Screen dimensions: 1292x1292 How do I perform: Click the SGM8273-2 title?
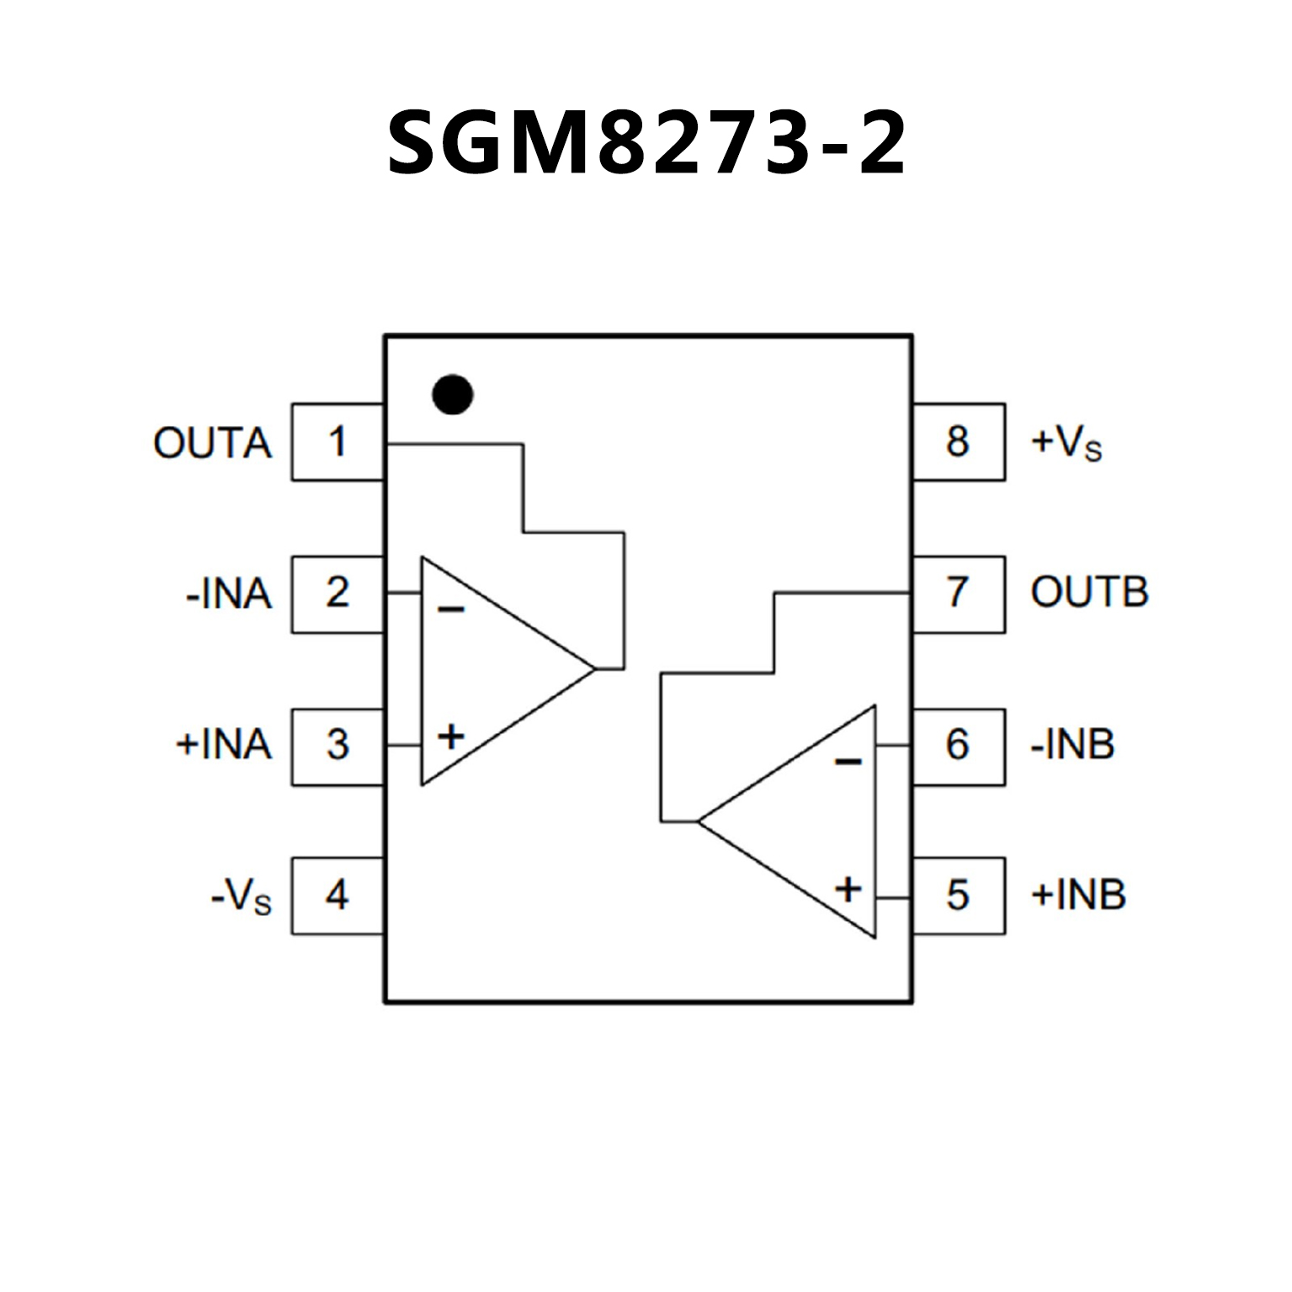tap(646, 143)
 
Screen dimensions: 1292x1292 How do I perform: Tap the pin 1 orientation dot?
tap(452, 394)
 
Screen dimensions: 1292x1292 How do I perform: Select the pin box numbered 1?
tap(338, 442)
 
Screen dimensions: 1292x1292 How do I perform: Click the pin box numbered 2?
tap(338, 593)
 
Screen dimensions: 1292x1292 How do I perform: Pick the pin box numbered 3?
tap(338, 746)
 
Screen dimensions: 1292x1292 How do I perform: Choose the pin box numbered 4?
tap(338, 895)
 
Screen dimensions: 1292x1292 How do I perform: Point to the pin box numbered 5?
tap(958, 895)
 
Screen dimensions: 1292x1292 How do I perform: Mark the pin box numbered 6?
tap(958, 746)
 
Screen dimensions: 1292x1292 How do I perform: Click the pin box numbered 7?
tap(958, 593)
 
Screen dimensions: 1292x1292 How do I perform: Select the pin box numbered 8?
tap(958, 442)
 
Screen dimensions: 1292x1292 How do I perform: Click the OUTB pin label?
tap(1089, 593)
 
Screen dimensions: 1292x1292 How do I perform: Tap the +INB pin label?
tap(1078, 896)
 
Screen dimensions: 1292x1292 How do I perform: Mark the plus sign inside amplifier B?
tap(848, 889)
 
